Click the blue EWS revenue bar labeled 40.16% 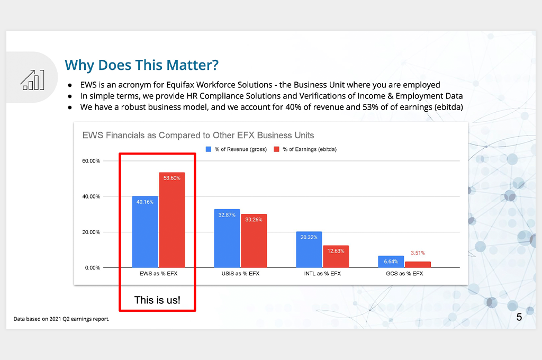(145, 232)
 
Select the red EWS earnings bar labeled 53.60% (172, 220)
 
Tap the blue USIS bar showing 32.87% (227, 238)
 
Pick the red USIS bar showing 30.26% (254, 241)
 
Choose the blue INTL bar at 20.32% (309, 249)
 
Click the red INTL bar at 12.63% (336, 256)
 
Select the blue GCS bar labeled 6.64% (391, 262)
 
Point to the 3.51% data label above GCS (418, 253)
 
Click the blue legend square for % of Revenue (209, 149)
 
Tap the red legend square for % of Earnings (276, 149)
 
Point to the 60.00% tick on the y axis (91, 161)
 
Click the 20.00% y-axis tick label (91, 232)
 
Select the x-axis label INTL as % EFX (322, 274)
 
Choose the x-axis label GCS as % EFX (404, 274)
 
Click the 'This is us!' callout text (157, 300)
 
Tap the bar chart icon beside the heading (32, 80)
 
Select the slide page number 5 (519, 317)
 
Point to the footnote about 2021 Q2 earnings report (61, 319)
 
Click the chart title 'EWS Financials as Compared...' (198, 135)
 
